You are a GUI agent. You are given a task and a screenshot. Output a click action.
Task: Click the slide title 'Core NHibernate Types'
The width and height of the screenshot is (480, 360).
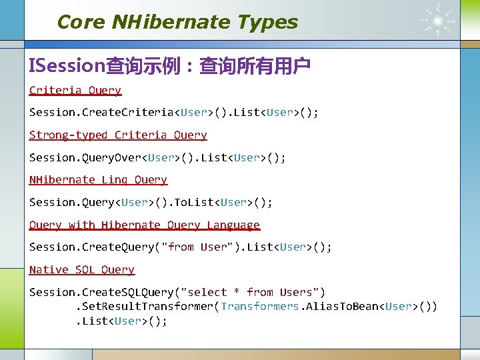177,22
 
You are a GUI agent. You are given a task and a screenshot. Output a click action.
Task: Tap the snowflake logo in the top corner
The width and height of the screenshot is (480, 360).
438,20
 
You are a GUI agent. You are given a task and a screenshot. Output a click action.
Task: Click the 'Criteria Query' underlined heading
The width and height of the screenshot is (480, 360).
75,90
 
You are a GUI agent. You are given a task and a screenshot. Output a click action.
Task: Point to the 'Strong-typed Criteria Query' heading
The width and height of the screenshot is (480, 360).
118,135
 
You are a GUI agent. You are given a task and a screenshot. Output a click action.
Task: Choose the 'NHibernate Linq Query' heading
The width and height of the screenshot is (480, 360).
98,179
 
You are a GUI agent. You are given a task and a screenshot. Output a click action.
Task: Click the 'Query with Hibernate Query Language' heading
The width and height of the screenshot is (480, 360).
145,225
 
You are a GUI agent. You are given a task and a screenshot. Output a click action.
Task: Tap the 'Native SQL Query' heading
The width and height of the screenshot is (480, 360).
82,269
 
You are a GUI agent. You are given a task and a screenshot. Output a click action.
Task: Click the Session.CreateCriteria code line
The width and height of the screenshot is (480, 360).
173,112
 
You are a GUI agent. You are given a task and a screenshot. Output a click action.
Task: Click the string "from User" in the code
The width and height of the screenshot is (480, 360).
198,247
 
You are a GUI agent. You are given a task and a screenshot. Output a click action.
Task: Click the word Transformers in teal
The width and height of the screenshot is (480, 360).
260,306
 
